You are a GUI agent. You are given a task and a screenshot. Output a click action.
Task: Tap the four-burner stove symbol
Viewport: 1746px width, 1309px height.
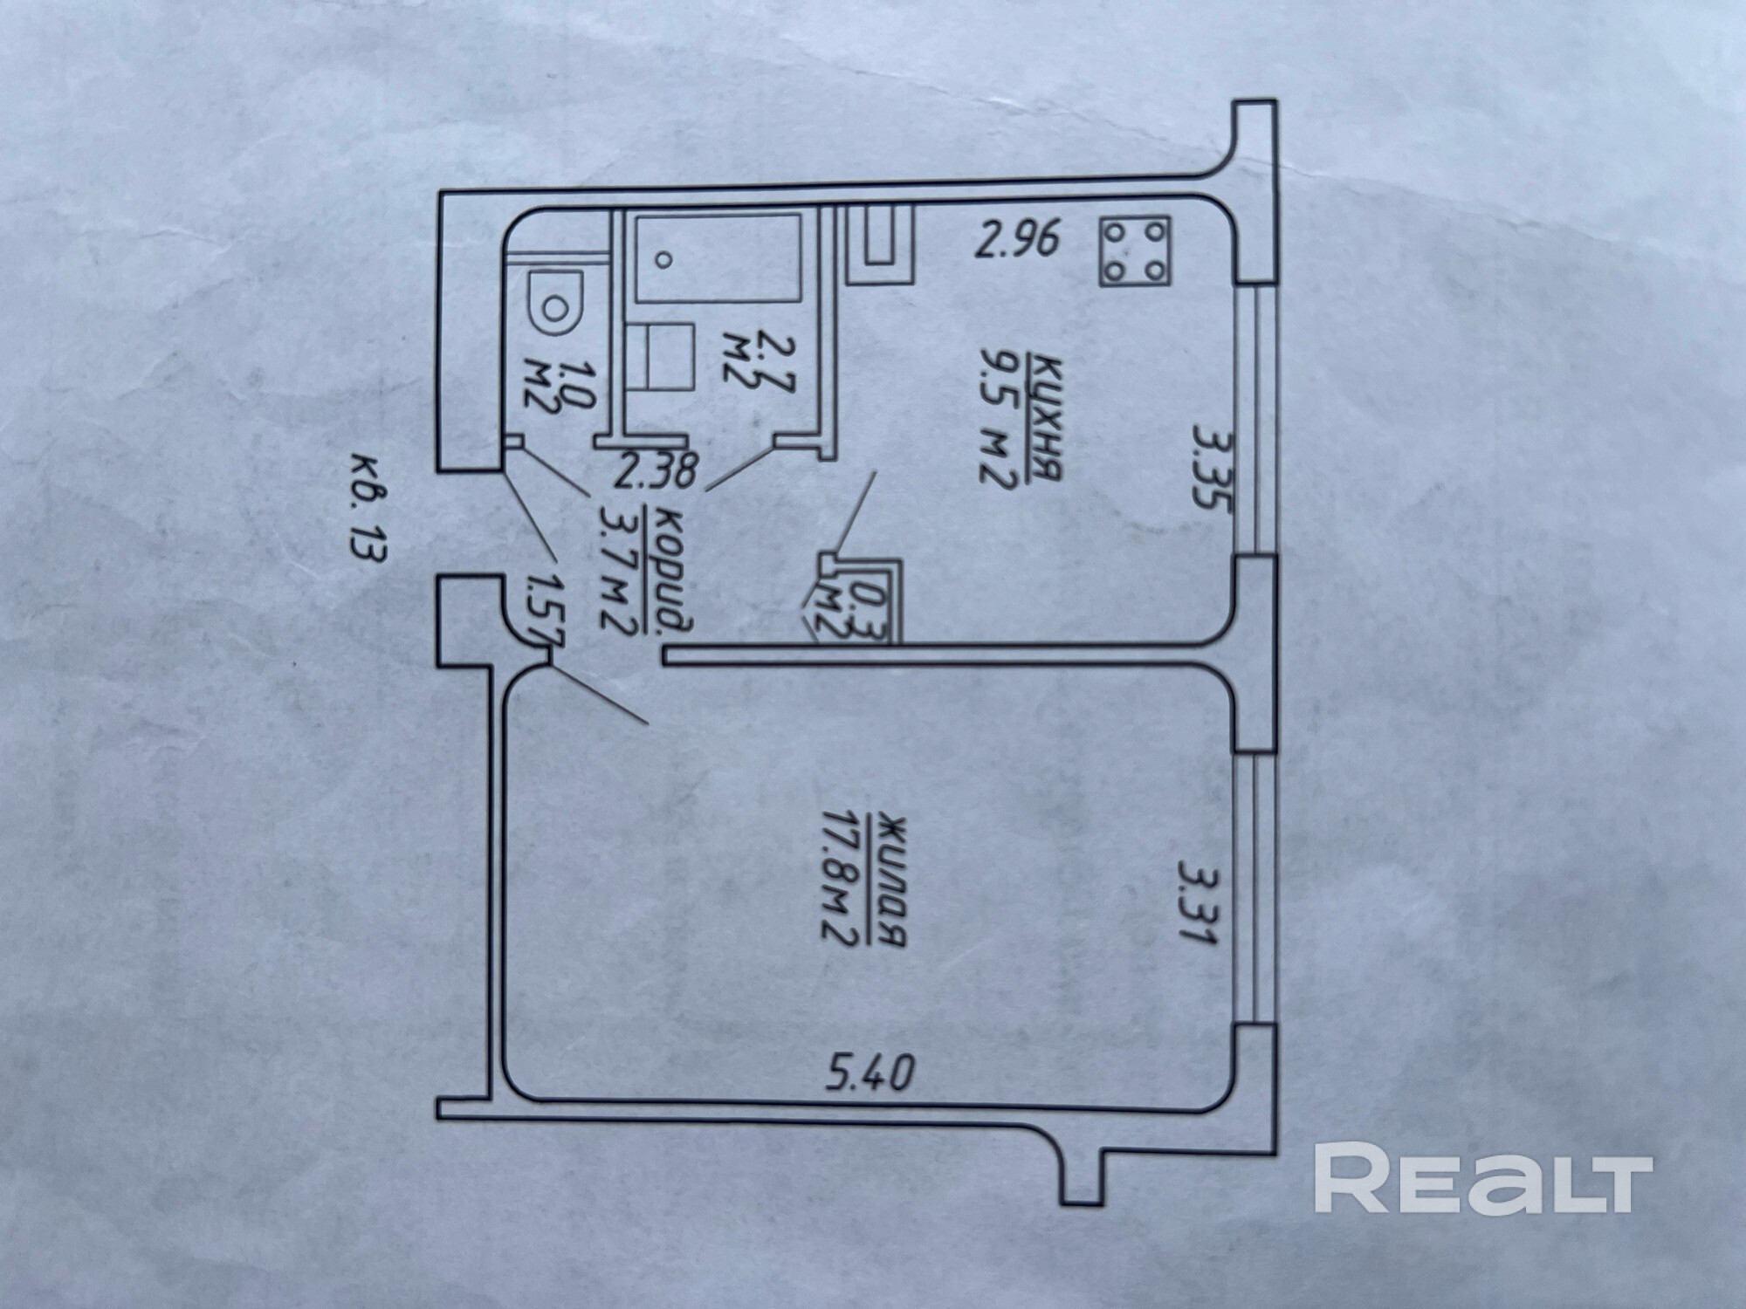coord(1135,251)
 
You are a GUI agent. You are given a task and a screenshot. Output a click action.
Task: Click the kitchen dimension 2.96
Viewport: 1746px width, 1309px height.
coord(1017,239)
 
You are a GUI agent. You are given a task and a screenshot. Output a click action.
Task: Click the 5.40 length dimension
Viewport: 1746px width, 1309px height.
coord(870,1073)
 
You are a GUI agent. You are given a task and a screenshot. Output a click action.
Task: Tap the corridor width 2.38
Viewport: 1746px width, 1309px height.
coord(656,472)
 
